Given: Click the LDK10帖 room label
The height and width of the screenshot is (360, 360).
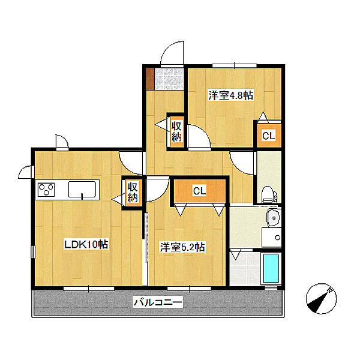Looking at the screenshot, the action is point(86,244).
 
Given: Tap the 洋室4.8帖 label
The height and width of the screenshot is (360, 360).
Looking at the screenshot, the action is point(231,95).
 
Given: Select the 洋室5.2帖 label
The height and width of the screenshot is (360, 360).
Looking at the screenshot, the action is point(182,247).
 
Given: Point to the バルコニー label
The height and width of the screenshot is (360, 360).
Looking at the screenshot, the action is point(158,302).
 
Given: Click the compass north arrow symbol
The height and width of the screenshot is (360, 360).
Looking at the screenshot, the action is point(321,298).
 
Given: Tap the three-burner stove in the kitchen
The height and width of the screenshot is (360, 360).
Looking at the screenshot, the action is point(46,190).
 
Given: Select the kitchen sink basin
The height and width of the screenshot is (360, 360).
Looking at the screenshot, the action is point(82,189).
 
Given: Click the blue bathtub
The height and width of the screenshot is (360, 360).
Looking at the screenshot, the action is point(271,268).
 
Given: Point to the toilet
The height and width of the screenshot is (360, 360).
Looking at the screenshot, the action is point(269,194).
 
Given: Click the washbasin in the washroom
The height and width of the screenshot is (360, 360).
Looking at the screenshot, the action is point(274,217).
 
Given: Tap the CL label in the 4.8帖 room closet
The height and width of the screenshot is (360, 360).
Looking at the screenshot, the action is point(269,136).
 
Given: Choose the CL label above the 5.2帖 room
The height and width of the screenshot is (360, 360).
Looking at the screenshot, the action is point(199,191).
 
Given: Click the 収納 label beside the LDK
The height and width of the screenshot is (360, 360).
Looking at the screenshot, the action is point(133,193).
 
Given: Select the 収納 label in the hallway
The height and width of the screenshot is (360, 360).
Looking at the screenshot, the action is point(176,132).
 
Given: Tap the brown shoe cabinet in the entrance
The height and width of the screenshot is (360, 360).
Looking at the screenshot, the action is point(150,79).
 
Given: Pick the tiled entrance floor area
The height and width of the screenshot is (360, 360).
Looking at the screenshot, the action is point(169,79).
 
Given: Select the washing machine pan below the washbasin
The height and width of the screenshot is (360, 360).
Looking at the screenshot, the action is point(272,237).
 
